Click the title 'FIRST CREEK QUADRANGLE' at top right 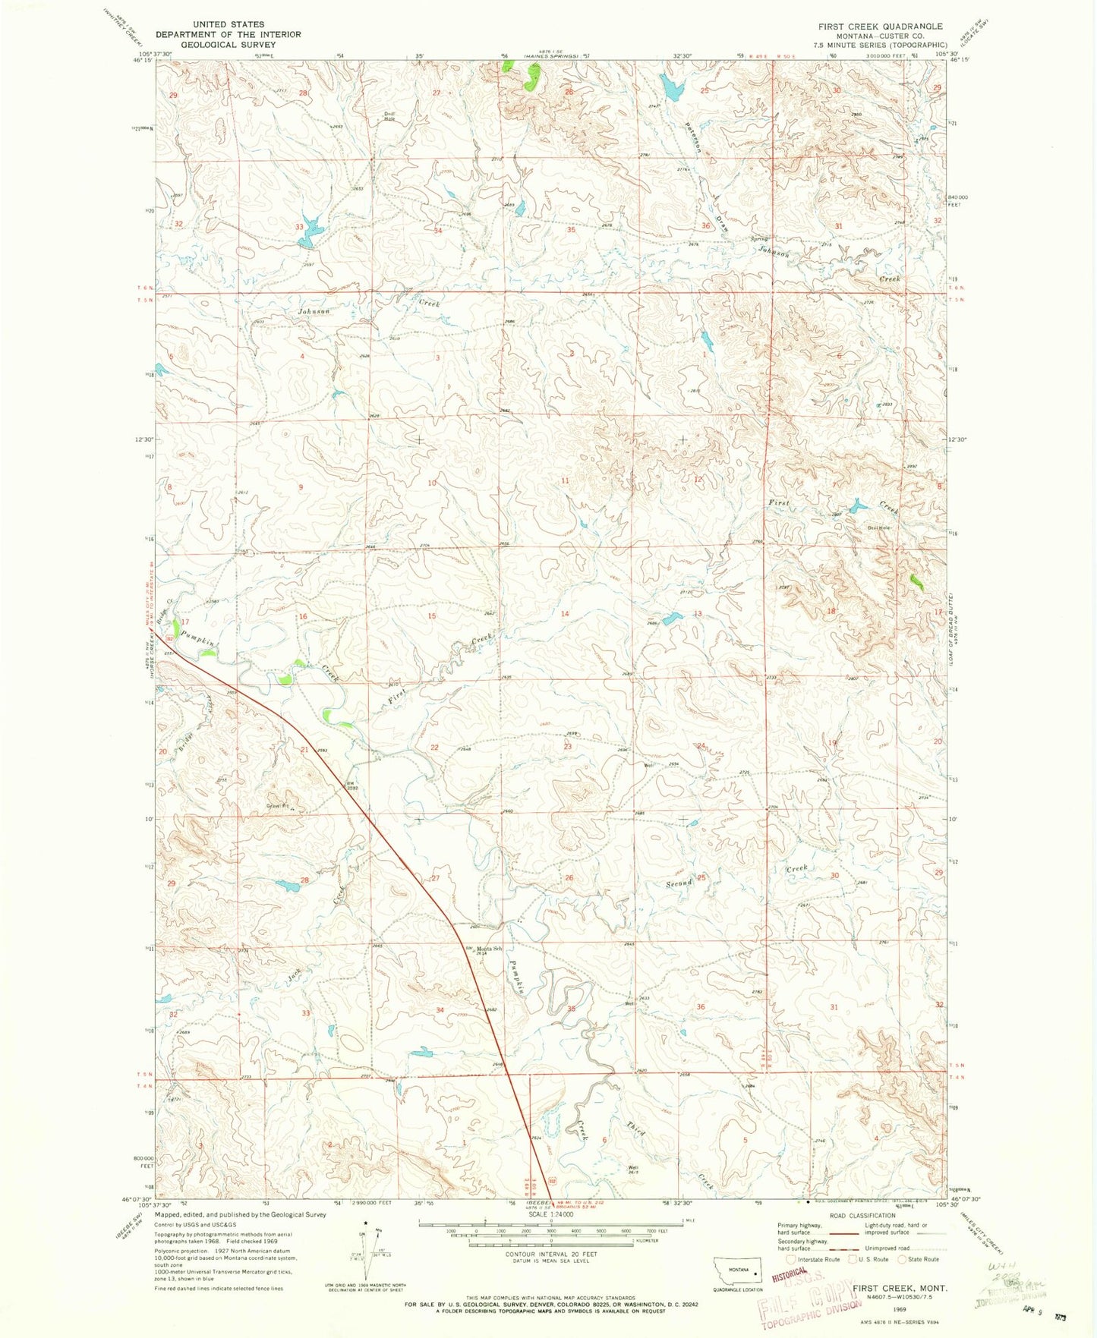coord(880,26)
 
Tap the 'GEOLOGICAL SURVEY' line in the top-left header coord(228,45)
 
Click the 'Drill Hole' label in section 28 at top coord(389,116)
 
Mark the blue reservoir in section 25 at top coord(671,88)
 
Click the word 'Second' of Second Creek coord(679,883)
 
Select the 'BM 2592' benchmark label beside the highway coord(352,786)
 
